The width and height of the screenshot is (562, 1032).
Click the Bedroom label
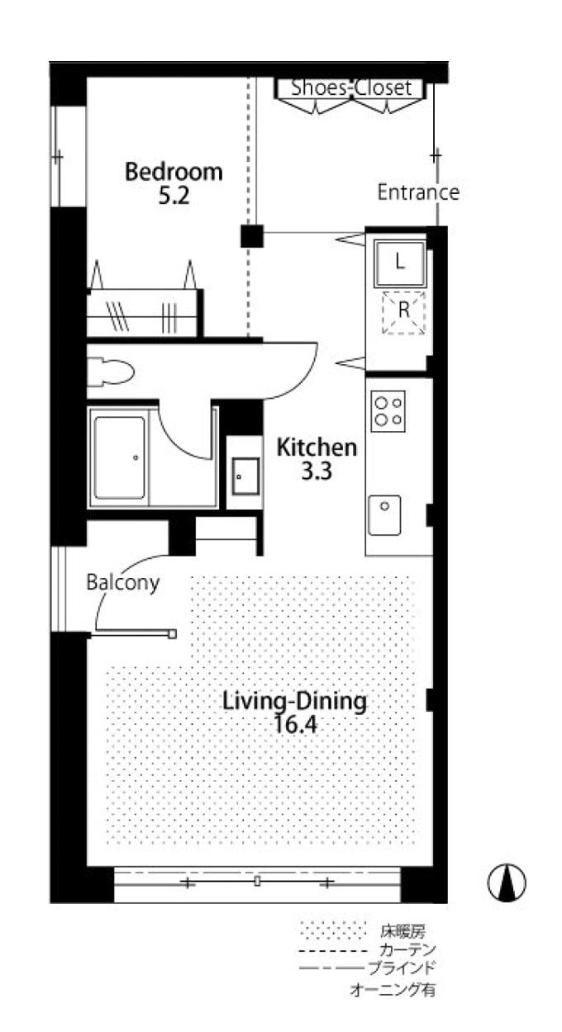click(x=174, y=172)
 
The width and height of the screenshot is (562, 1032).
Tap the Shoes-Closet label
click(x=351, y=87)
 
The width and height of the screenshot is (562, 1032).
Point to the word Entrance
click(x=418, y=192)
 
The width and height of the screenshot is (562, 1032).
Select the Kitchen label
click(x=317, y=447)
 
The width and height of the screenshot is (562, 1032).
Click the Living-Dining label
click(x=295, y=701)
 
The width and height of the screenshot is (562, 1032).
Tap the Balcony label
click(x=122, y=583)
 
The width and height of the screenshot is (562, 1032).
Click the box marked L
click(x=400, y=263)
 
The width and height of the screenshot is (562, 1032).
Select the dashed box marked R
click(x=403, y=312)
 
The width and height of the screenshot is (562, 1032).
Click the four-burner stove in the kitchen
click(x=388, y=411)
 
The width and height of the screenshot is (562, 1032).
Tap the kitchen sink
click(x=384, y=515)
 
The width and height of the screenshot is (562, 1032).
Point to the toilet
click(x=111, y=372)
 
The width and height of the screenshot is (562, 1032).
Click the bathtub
click(x=119, y=457)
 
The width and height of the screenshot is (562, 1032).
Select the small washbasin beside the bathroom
click(x=245, y=476)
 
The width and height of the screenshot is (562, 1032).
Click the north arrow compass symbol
click(x=507, y=883)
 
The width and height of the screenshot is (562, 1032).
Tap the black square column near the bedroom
click(x=252, y=236)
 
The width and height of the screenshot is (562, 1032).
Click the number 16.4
click(x=295, y=725)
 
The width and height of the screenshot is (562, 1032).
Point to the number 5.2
click(x=174, y=196)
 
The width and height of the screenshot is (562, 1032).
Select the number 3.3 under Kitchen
click(x=317, y=471)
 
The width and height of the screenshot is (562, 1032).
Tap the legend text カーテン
click(x=408, y=949)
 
